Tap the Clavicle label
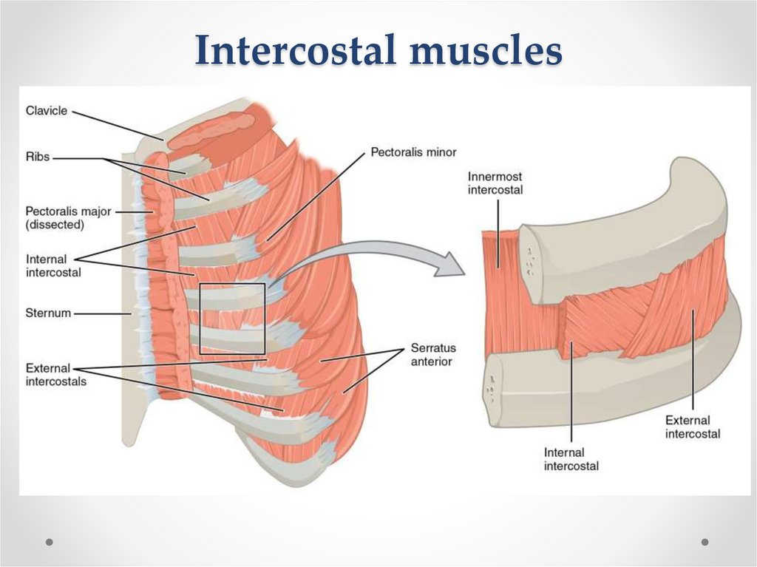click(47, 111)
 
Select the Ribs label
click(38, 157)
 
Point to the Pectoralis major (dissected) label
click(68, 217)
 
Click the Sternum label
click(49, 313)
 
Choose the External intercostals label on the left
click(56, 374)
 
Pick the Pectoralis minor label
click(413, 152)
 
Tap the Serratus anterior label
click(434, 354)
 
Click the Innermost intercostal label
click(495, 183)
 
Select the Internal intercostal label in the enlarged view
click(571, 458)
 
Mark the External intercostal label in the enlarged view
click(693, 427)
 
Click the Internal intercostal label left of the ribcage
click(53, 265)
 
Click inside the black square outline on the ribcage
click(232, 318)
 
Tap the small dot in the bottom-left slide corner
click(50, 542)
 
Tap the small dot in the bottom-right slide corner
click(705, 542)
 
